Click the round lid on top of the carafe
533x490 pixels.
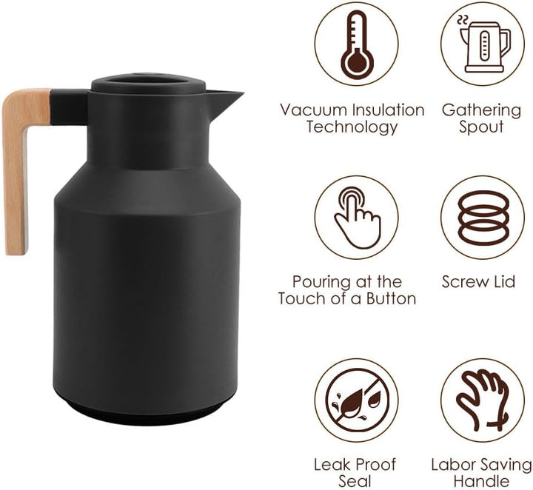point(149,83)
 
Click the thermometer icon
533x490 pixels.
point(357,44)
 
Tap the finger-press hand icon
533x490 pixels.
point(357,218)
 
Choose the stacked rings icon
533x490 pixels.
point(483,218)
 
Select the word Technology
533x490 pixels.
point(352,127)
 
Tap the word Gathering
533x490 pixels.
point(481,111)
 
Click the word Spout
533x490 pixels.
point(481,127)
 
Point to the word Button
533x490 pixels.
point(391,299)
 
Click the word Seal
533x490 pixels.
point(355,481)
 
